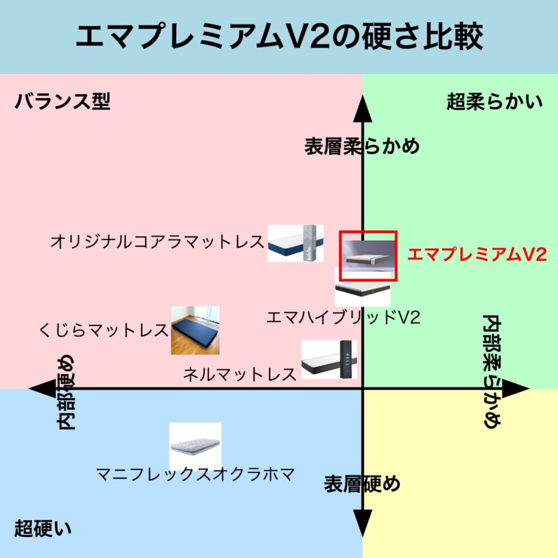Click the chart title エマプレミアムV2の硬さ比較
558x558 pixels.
click(280, 36)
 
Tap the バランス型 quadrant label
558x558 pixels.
click(62, 102)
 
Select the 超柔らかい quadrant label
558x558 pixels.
click(494, 102)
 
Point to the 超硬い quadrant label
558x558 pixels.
click(43, 528)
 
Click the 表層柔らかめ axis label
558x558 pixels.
click(362, 146)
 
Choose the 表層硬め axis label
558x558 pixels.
click(362, 484)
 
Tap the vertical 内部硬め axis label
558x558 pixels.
click(66, 392)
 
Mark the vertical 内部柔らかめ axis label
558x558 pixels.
click(492, 371)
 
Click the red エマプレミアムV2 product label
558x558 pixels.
click(477, 254)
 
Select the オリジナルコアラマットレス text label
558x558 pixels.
click(157, 242)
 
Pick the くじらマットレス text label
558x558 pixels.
click(104, 330)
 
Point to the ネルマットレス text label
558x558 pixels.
click(240, 374)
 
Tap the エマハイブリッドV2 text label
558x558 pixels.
click(343, 317)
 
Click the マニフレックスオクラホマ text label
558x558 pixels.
click(195, 474)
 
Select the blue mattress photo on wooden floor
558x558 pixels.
click(195, 330)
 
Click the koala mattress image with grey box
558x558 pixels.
click(296, 243)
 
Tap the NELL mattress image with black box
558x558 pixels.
click(329, 359)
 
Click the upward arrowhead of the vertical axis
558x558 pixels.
click(362, 109)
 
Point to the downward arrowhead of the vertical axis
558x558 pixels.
click(362, 523)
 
